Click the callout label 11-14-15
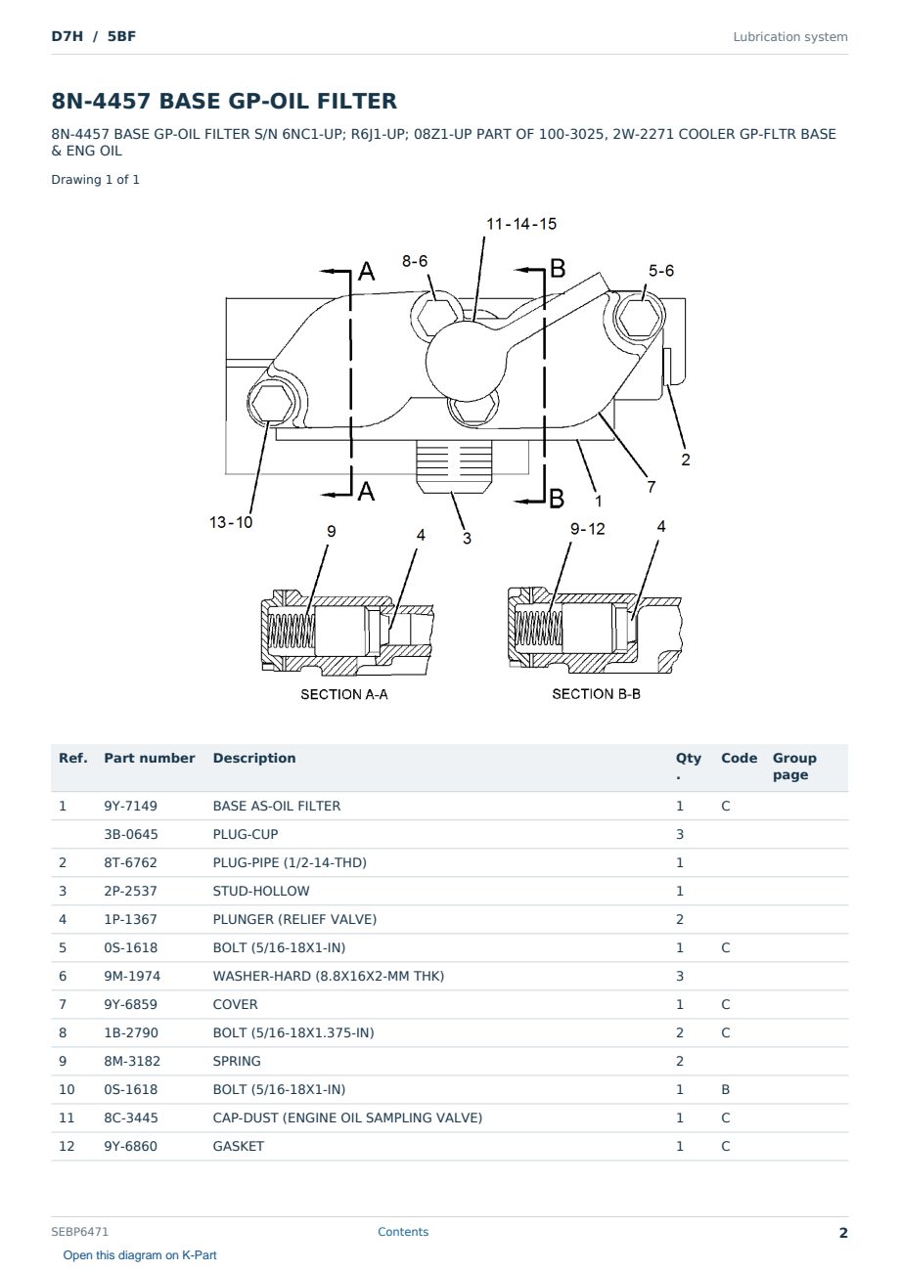click(521, 224)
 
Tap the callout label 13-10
click(231, 522)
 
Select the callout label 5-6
click(661, 271)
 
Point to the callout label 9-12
click(588, 529)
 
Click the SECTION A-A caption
click(344, 694)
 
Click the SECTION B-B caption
click(596, 694)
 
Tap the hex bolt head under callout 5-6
click(640, 317)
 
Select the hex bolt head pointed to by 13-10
click(271, 404)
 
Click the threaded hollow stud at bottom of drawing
click(453, 466)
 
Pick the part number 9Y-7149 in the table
click(131, 806)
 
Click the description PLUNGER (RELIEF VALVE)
click(294, 919)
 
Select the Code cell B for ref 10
click(725, 1089)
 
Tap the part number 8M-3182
click(132, 1061)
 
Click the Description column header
click(254, 758)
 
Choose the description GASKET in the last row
click(239, 1146)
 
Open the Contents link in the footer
click(403, 1232)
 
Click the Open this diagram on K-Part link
click(140, 1255)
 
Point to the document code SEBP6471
click(79, 1232)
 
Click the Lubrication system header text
click(790, 37)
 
